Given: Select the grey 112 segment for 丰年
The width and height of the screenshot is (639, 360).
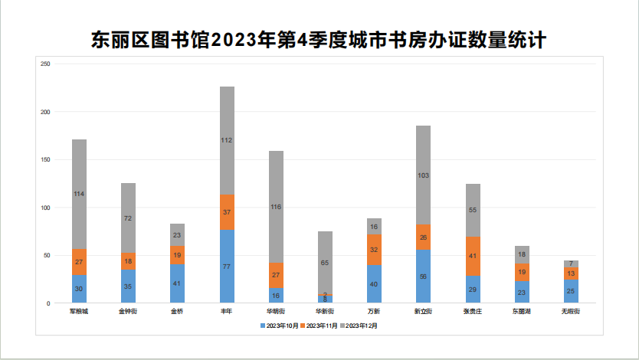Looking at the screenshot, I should (x=227, y=140).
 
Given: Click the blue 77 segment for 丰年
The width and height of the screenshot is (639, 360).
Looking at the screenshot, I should (x=227, y=267).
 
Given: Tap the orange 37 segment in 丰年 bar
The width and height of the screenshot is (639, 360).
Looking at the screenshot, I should (x=227, y=212).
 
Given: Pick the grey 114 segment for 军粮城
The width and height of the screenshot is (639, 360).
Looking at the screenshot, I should (x=79, y=195).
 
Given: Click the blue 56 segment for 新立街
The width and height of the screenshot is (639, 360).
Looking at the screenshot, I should (x=423, y=277).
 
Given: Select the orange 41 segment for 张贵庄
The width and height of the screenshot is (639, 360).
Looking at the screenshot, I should (x=473, y=256).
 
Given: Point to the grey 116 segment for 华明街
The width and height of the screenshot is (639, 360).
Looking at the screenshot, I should (x=276, y=207).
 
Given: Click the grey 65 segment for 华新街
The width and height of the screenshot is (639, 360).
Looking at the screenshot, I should (x=325, y=263).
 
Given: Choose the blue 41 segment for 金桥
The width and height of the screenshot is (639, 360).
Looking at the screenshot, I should (x=177, y=283).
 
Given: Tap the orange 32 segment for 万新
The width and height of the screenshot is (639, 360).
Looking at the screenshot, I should (x=374, y=250).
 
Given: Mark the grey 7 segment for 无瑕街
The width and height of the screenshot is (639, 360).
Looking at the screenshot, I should (x=571, y=263).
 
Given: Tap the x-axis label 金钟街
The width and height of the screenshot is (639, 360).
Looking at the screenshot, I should (x=128, y=312).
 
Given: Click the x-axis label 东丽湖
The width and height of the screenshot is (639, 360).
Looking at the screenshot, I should (x=522, y=312).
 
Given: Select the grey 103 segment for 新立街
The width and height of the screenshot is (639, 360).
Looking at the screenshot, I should (x=423, y=175).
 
